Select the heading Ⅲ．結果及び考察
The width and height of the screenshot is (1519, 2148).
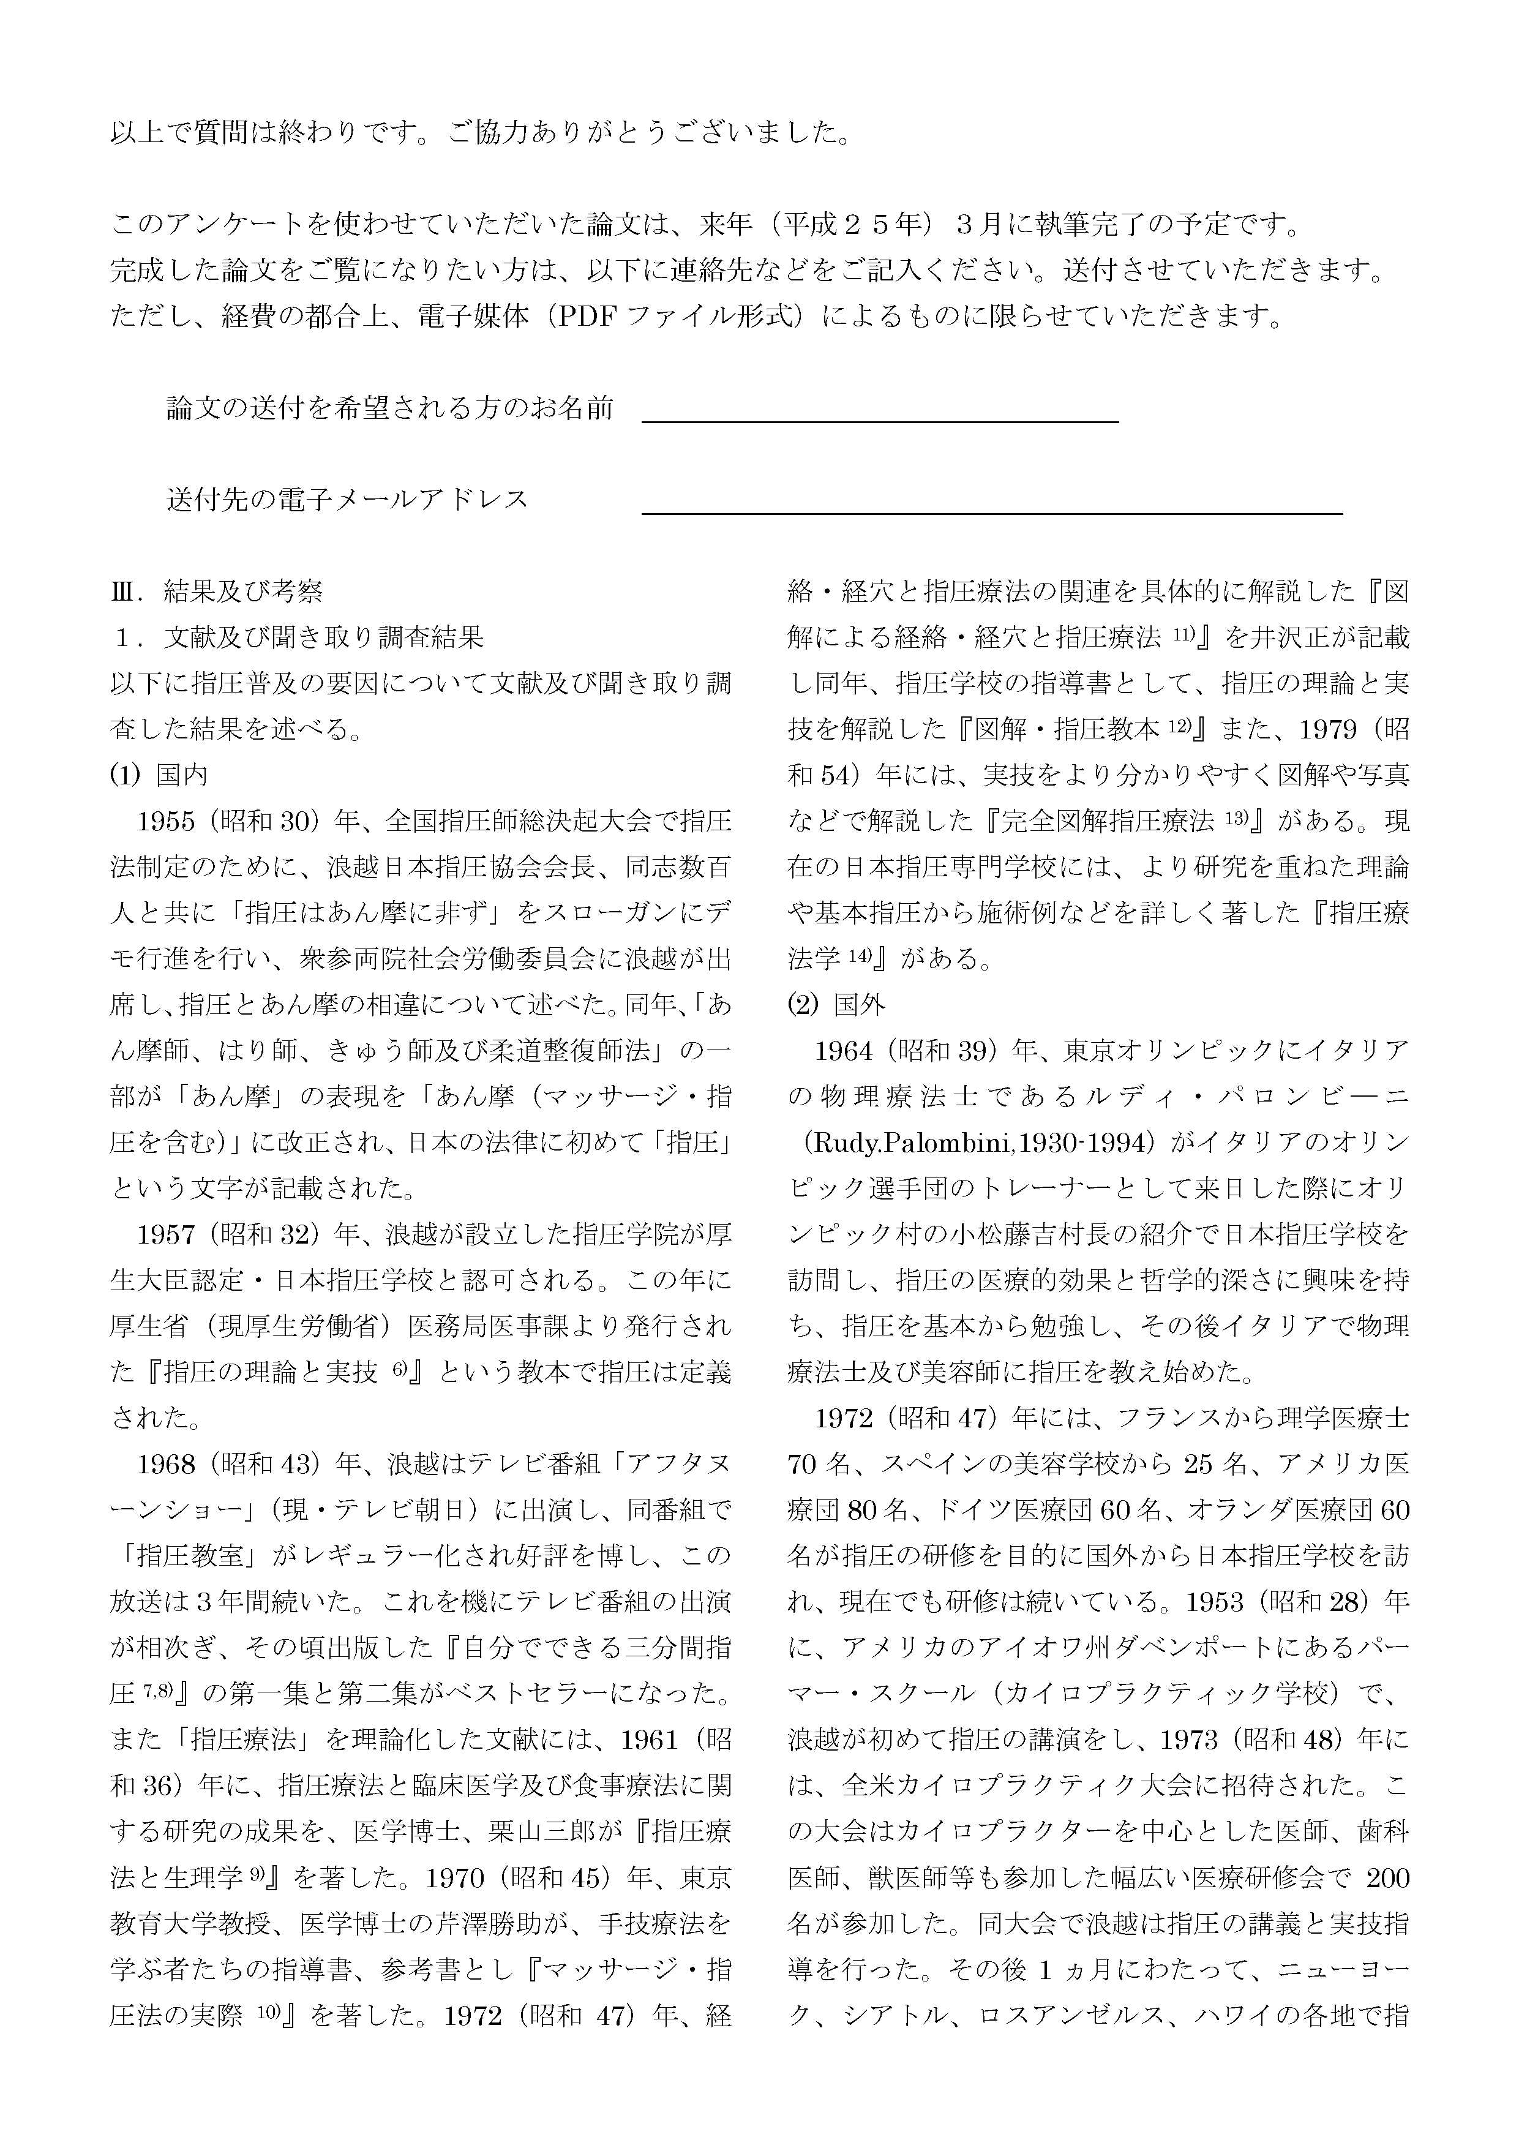pos(217,591)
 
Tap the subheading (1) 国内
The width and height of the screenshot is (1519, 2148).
pos(159,775)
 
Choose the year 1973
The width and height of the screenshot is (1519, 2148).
pos(1190,1739)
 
